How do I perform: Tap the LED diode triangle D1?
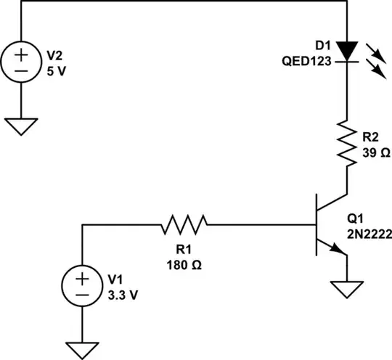(347, 50)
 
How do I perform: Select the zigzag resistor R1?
(183, 225)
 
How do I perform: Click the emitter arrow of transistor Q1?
(336, 248)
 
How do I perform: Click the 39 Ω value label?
(376, 154)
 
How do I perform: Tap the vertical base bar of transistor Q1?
(317, 225)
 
